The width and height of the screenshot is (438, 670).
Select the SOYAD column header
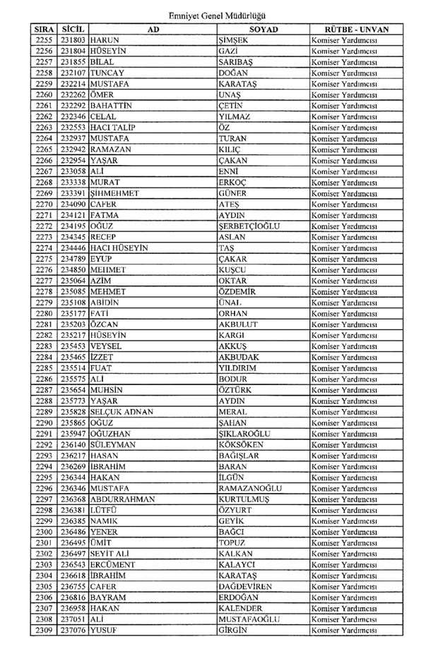[263, 30]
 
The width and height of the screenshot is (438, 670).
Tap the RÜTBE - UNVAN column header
[356, 30]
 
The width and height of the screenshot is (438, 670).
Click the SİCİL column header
[73, 30]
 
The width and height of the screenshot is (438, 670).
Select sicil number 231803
[73, 42]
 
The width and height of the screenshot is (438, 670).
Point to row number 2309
[44, 631]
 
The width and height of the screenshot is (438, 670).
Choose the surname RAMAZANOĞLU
[251, 488]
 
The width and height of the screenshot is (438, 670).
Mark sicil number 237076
[73, 631]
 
